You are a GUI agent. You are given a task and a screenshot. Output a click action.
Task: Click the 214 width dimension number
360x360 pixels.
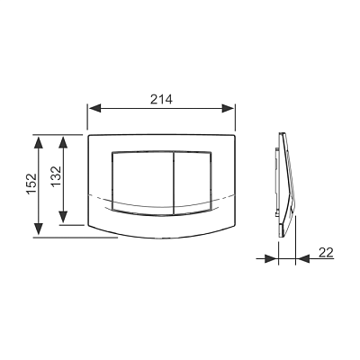[x=161, y=99]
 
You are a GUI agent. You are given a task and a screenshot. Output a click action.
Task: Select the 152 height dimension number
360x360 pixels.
[x=31, y=184]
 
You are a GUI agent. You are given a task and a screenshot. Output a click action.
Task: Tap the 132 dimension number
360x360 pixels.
[x=56, y=176]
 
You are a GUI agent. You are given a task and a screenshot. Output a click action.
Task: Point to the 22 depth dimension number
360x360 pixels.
[x=326, y=253]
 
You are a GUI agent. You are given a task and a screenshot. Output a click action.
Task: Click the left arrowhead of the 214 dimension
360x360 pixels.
[x=94, y=108]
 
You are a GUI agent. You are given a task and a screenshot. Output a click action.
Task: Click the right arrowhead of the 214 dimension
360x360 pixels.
[x=228, y=108]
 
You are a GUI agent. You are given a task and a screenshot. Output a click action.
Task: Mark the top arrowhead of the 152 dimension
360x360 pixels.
[x=38, y=142]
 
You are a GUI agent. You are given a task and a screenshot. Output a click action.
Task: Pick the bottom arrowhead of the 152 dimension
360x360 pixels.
[x=38, y=229]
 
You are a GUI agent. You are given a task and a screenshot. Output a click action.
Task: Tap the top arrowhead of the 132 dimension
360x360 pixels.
[x=63, y=142]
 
